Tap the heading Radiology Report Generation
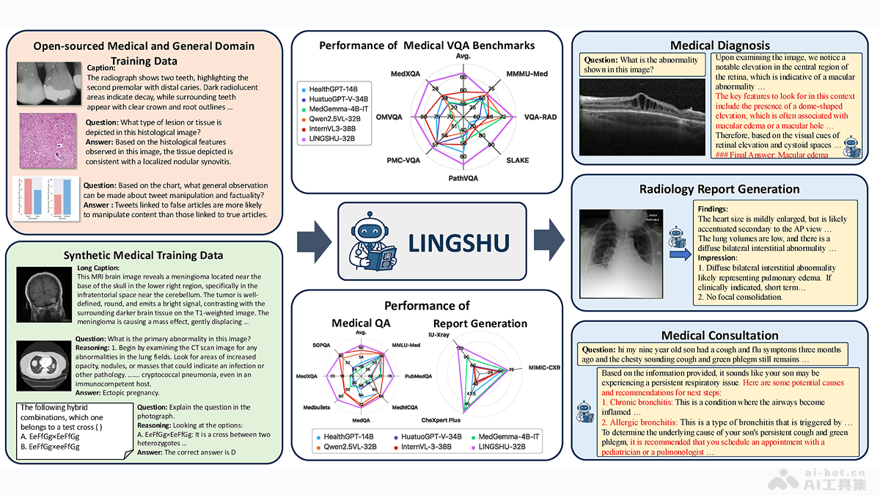click(x=719, y=189)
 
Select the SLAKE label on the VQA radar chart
click(x=518, y=161)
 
